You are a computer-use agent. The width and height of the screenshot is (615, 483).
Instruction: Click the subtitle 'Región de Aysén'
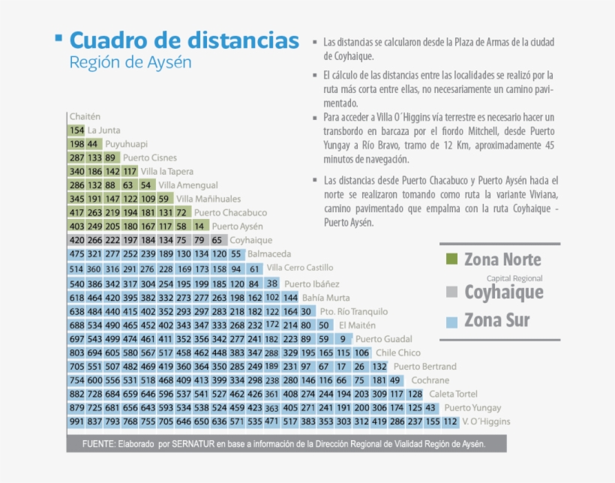click(130, 62)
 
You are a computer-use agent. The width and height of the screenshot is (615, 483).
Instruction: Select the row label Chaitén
click(84, 116)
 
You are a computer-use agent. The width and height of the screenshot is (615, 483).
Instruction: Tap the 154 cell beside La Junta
click(76, 130)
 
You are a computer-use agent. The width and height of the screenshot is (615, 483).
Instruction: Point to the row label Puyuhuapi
click(126, 143)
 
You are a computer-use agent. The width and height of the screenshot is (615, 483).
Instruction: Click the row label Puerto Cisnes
click(150, 157)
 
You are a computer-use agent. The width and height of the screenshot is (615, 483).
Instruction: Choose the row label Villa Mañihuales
click(208, 199)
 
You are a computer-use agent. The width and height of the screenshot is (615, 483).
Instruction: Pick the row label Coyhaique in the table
click(250, 240)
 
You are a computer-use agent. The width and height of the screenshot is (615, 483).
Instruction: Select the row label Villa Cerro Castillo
click(300, 268)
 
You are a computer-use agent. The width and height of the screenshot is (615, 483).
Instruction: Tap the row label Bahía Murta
click(325, 297)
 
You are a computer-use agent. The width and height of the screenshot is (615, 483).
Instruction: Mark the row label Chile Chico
click(398, 352)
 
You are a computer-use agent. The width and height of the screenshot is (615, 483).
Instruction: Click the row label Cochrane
click(430, 380)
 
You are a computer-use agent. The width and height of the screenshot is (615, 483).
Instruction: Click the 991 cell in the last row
click(76, 421)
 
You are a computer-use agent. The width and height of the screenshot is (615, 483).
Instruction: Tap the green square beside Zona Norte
click(451, 259)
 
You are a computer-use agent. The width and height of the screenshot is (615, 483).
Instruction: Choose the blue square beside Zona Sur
click(451, 322)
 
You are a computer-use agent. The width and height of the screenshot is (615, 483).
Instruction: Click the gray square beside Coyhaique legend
click(451, 292)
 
